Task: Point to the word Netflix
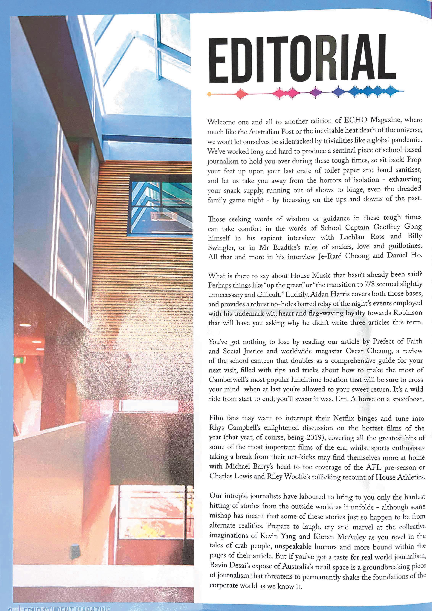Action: (x=344, y=418)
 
